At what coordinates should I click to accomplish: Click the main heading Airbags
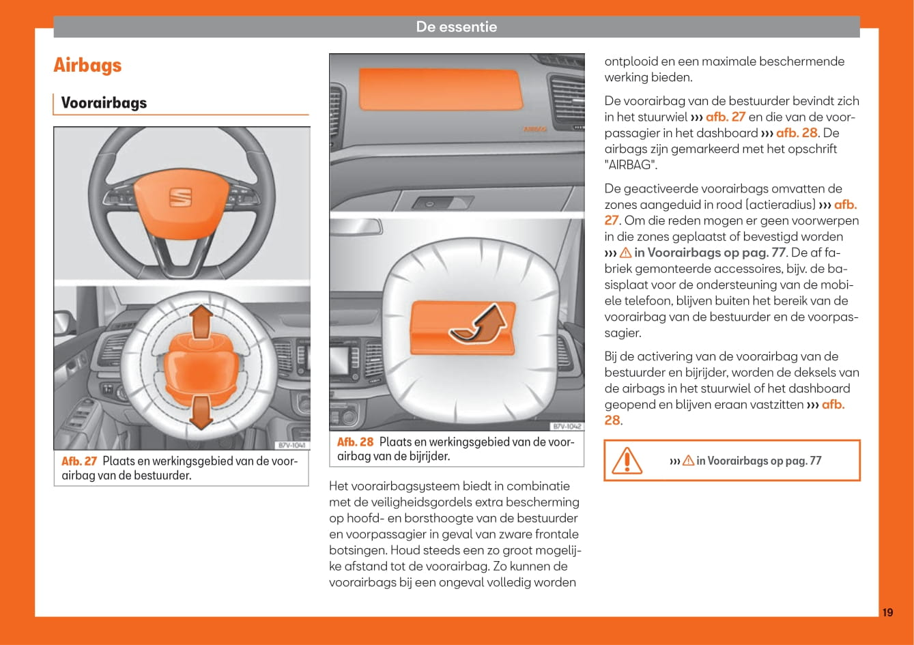[87, 66]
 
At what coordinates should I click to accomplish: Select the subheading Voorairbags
[104, 103]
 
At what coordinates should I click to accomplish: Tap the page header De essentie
[457, 27]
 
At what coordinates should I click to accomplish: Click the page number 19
[887, 612]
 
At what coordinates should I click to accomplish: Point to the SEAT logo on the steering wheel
[180, 197]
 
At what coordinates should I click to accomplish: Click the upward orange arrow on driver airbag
[200, 322]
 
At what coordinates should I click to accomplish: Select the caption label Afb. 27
[79, 461]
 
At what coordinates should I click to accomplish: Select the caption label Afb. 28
[355, 442]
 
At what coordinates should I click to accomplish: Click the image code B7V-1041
[292, 446]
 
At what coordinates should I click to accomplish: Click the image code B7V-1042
[567, 427]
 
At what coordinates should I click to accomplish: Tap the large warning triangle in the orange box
[626, 461]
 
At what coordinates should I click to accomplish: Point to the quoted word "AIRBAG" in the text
[632, 165]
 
